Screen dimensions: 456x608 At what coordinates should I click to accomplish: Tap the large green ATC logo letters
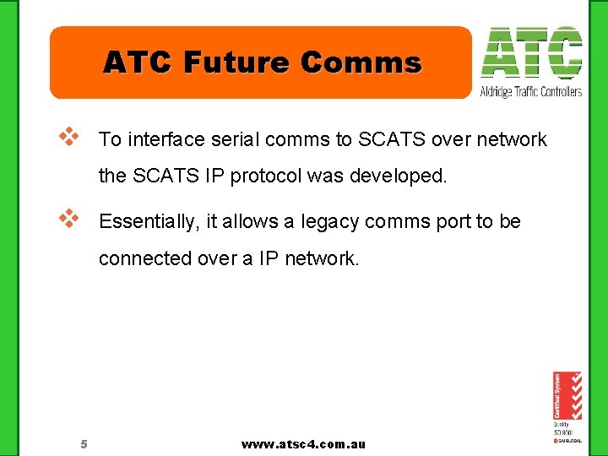(x=531, y=53)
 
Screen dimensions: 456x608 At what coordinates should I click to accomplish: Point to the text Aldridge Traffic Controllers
(x=531, y=91)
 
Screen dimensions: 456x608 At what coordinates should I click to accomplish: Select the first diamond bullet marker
(x=68, y=135)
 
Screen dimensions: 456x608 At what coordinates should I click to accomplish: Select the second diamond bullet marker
(x=68, y=218)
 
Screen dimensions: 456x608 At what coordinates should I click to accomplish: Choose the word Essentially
(x=147, y=222)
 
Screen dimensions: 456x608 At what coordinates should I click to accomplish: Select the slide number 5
(x=84, y=444)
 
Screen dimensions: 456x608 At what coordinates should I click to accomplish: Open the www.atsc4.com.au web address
(x=303, y=444)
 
